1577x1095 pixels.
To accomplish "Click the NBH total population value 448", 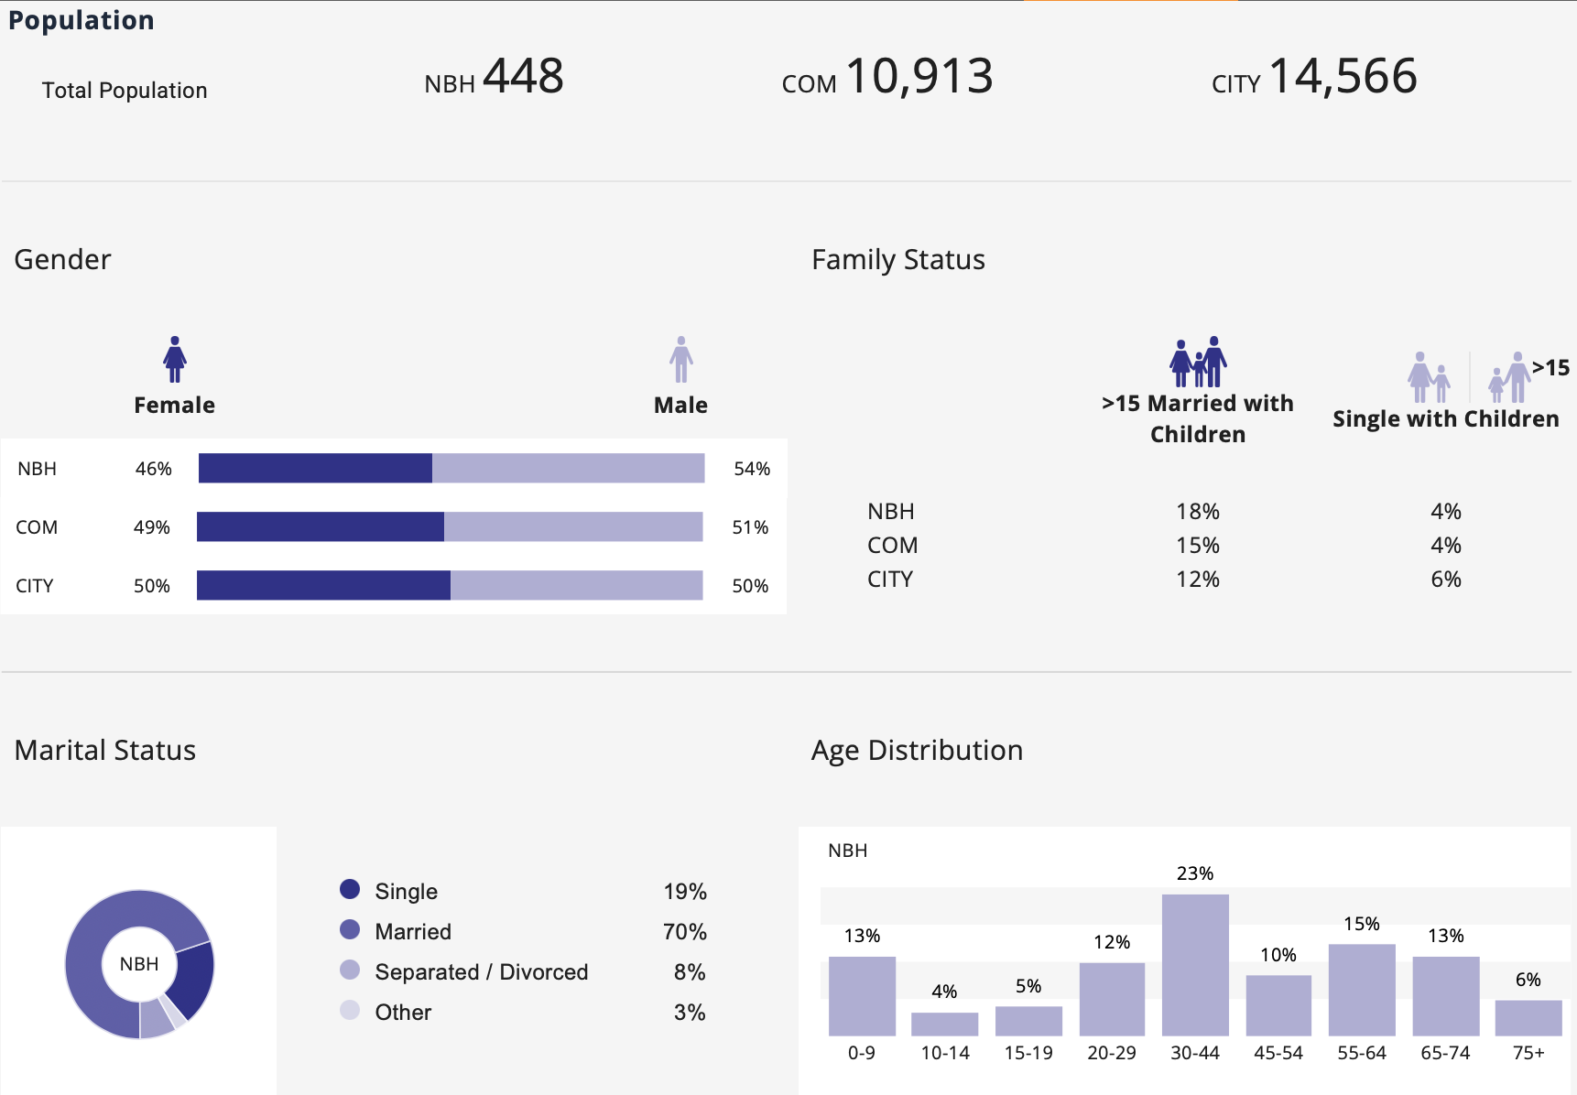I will click(523, 76).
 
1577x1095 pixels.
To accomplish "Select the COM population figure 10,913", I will click(919, 76).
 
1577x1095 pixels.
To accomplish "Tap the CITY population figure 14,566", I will click(1343, 76).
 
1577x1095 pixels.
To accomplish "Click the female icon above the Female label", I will click(175, 359).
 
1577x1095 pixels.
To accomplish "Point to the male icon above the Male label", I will click(680, 359).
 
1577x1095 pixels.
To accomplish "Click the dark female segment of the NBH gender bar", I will click(315, 468).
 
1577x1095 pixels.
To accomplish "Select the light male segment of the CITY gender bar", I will click(576, 585).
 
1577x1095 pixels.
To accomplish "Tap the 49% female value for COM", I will click(152, 527).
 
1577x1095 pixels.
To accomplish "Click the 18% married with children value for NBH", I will click(1198, 511).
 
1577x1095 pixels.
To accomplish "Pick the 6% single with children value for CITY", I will click(1446, 579).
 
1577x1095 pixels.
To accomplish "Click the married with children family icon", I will click(1198, 362).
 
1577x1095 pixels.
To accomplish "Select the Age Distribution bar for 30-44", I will click(1195, 965).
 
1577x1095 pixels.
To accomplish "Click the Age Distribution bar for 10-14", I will click(944, 1024).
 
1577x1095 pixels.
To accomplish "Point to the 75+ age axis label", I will click(1528, 1053).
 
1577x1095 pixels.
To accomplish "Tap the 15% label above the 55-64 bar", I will click(1362, 924).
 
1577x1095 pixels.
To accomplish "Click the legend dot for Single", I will click(350, 889).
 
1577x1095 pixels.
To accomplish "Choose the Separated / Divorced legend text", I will click(482, 971).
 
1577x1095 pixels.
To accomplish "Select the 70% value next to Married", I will click(685, 932).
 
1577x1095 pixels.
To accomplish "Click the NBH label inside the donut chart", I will click(139, 964).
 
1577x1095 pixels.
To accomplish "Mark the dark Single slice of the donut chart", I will click(194, 980).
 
